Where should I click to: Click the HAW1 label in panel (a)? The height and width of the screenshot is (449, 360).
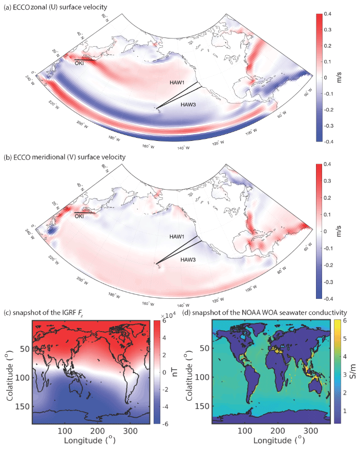pyautogui.click(x=180, y=82)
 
